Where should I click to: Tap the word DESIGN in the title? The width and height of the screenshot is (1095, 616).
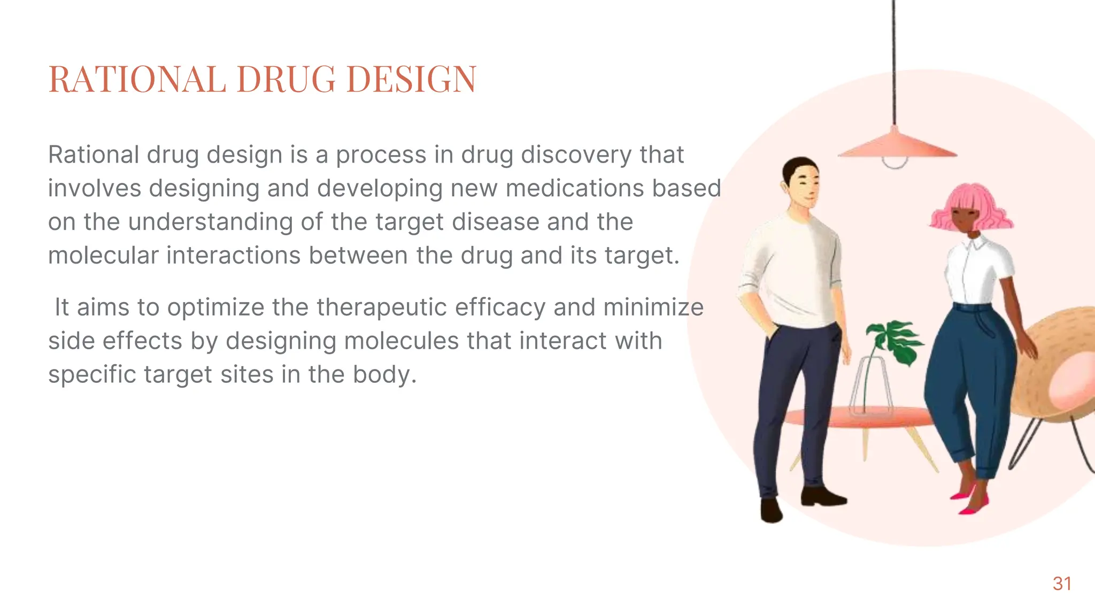(411, 79)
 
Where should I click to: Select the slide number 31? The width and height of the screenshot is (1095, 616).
(1062, 583)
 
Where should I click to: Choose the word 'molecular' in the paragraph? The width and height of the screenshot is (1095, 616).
(103, 255)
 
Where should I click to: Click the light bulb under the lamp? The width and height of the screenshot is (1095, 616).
(894, 162)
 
